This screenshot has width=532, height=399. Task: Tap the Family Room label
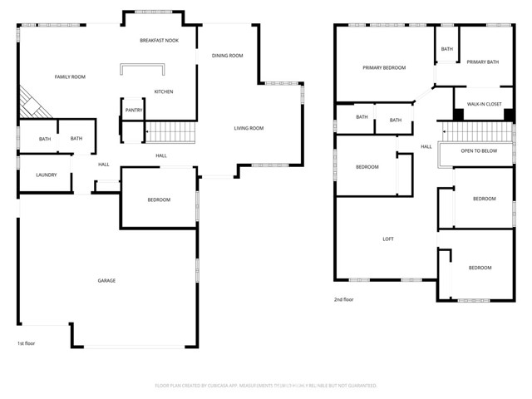click(x=70, y=76)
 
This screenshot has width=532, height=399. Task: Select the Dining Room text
click(x=227, y=56)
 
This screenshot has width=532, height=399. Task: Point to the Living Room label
click(x=248, y=128)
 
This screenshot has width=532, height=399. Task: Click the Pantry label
click(x=133, y=110)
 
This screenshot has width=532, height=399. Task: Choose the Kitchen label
click(x=164, y=91)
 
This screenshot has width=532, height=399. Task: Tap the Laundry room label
click(x=46, y=175)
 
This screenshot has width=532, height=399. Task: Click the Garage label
click(x=106, y=280)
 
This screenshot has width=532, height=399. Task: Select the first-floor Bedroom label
click(x=159, y=199)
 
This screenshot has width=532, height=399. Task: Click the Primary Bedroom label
click(x=383, y=67)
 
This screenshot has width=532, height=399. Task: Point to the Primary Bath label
click(x=482, y=62)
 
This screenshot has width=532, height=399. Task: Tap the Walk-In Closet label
click(x=484, y=105)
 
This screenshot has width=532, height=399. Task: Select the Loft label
click(x=387, y=239)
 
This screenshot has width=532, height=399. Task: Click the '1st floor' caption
click(x=27, y=342)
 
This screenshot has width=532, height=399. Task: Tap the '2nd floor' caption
click(x=343, y=299)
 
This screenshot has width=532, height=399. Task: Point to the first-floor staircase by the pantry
click(x=170, y=131)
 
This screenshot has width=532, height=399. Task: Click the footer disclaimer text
click(x=266, y=386)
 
